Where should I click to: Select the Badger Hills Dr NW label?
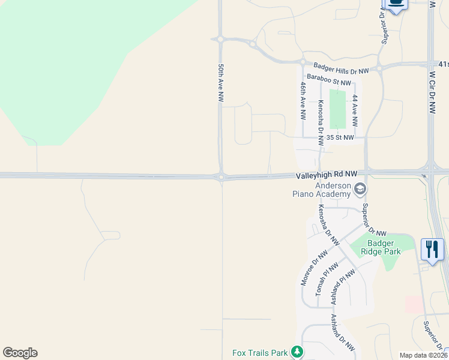click(x=342, y=68)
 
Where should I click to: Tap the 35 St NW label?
click(x=340, y=137)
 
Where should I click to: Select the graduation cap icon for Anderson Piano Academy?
click(x=360, y=190)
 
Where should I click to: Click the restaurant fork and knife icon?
click(x=432, y=248)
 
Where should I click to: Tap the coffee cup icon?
click(x=396, y=4)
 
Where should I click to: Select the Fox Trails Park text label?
click(x=260, y=352)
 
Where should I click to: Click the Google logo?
click(x=20, y=353)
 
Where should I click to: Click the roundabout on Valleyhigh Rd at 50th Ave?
click(x=221, y=176)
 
